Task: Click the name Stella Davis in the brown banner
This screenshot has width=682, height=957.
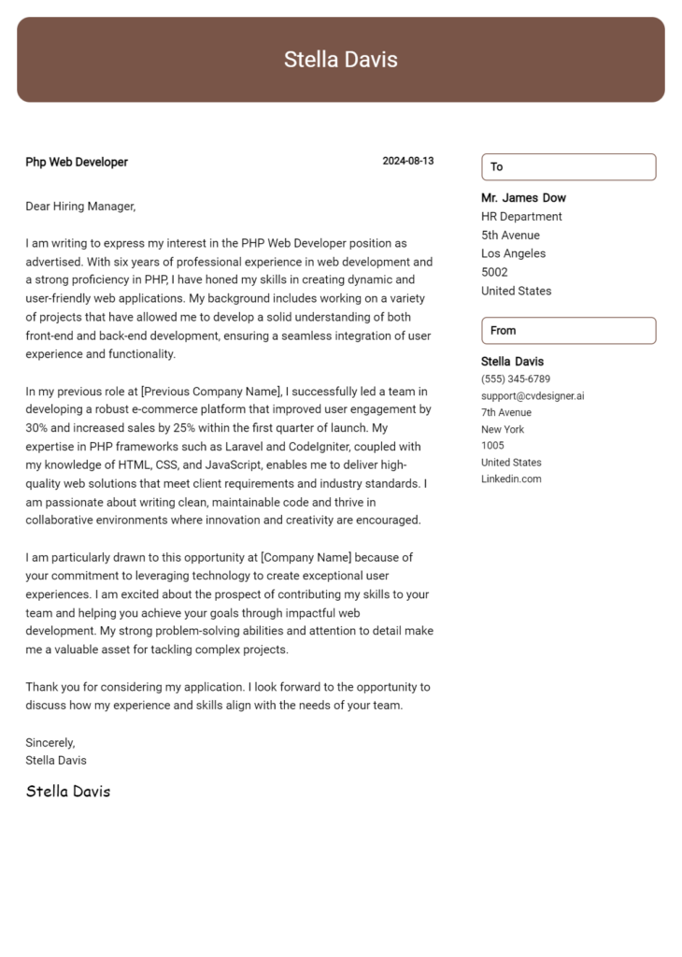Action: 340,60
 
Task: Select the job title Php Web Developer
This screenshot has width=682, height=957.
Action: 77,162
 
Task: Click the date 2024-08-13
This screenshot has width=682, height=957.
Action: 407,161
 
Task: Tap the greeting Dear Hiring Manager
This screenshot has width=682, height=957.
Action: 80,206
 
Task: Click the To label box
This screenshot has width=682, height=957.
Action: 568,166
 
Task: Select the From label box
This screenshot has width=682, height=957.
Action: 568,330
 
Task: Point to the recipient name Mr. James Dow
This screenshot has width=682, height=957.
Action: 523,198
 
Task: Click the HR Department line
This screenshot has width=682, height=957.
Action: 521,217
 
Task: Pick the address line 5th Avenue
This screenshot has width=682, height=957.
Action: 510,236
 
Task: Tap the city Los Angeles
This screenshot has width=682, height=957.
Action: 513,253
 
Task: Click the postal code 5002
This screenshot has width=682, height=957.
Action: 494,272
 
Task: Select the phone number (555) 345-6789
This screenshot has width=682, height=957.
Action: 516,379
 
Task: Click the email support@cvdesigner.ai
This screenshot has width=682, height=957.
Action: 533,395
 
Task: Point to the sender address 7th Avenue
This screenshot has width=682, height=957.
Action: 506,412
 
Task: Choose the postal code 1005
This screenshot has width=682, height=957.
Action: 492,446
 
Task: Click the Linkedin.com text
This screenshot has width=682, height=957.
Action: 511,479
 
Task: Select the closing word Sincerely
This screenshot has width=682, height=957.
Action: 50,742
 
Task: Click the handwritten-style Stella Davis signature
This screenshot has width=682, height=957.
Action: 68,792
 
